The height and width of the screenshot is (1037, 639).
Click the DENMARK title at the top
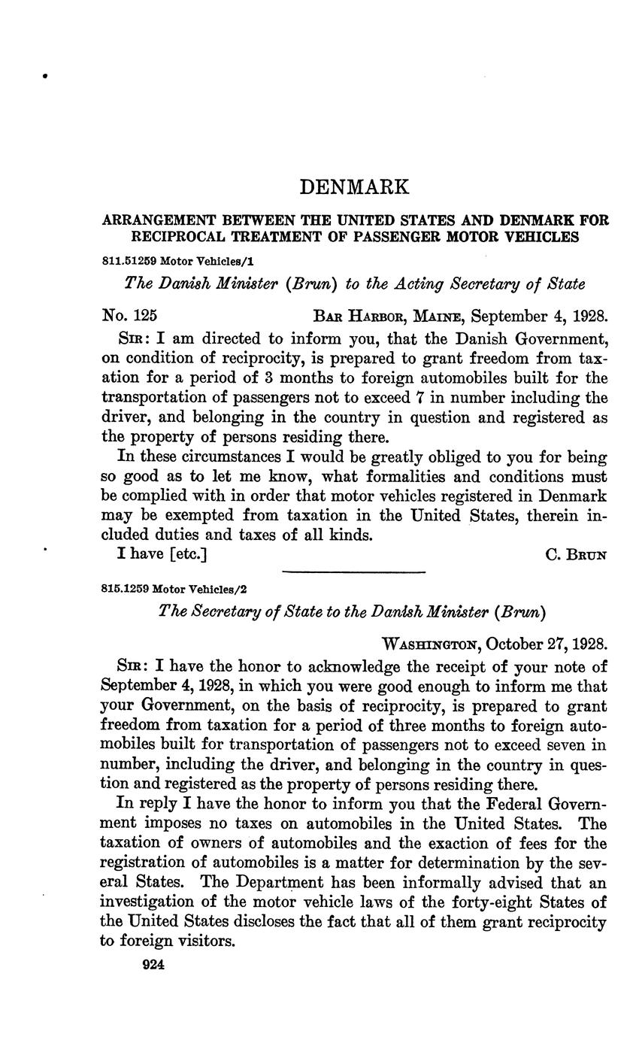pos(355,186)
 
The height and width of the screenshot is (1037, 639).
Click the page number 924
pos(153,965)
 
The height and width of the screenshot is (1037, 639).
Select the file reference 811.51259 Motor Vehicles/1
pos(170,259)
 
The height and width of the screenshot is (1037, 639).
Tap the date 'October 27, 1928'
pos(547,644)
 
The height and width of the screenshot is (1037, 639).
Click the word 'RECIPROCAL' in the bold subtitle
pos(183,237)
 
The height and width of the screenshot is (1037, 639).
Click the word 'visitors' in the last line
pos(205,941)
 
